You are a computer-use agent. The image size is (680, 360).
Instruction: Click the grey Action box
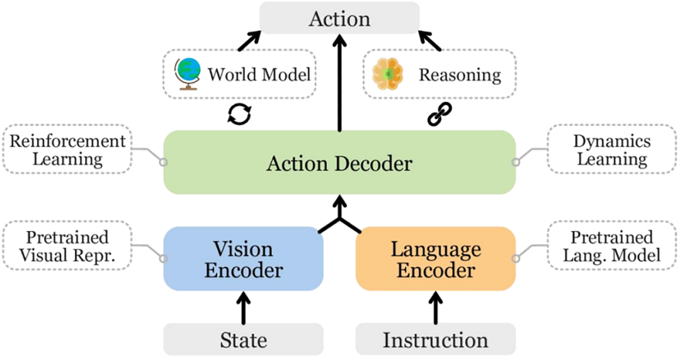pos(339,18)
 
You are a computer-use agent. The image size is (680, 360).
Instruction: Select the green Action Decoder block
pos(339,162)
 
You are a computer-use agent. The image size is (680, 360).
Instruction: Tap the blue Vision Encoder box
pos(243,259)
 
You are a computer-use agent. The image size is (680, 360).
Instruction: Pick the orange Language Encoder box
pos(436,259)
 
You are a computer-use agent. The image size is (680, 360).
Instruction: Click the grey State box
pos(243,340)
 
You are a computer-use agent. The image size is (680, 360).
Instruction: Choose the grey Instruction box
pos(436,340)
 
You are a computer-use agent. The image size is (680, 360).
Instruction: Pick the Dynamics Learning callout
pos(612,150)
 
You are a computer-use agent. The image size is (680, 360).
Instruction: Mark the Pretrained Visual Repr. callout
pos(67,246)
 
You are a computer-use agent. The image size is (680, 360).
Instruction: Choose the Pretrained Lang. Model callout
pos(612,246)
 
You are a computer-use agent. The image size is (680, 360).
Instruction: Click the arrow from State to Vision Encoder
pos(243,307)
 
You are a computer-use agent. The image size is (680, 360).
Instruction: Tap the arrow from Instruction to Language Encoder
pos(436,307)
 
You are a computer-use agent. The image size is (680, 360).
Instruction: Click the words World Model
pos(259,75)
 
